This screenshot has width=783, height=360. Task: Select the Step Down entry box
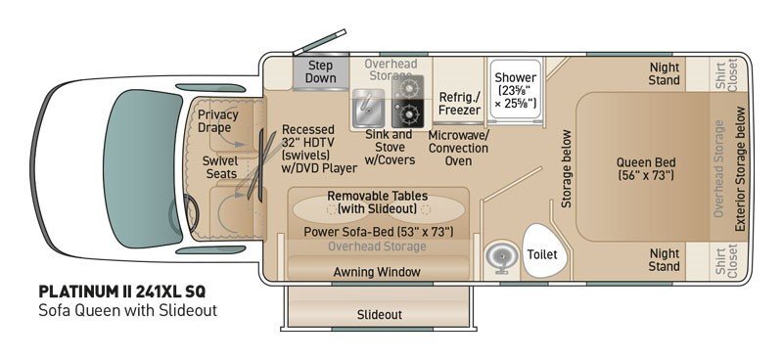pyautogui.click(x=321, y=72)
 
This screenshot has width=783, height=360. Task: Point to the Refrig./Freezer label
pyautogui.click(x=459, y=104)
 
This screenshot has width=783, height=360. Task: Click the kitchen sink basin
pyautogui.click(x=368, y=109)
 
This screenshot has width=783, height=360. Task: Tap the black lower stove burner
pyautogui.click(x=407, y=114)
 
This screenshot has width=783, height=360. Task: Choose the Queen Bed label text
pyautogui.click(x=646, y=169)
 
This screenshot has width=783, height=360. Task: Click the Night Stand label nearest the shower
pyautogui.click(x=665, y=73)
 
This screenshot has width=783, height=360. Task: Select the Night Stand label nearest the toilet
pyautogui.click(x=665, y=259)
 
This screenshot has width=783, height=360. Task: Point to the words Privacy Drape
pyautogui.click(x=217, y=121)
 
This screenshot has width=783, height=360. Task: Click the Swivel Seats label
pyautogui.click(x=219, y=167)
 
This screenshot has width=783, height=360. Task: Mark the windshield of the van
pyautogui.click(x=142, y=169)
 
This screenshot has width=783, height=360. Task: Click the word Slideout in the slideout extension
pyautogui.click(x=380, y=315)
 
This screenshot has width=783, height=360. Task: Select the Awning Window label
pyautogui.click(x=377, y=272)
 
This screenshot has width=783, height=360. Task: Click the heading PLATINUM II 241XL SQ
pyautogui.click(x=121, y=292)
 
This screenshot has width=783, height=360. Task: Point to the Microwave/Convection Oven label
pyautogui.click(x=458, y=148)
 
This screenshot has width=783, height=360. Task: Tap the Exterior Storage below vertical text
pyautogui.click(x=740, y=169)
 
